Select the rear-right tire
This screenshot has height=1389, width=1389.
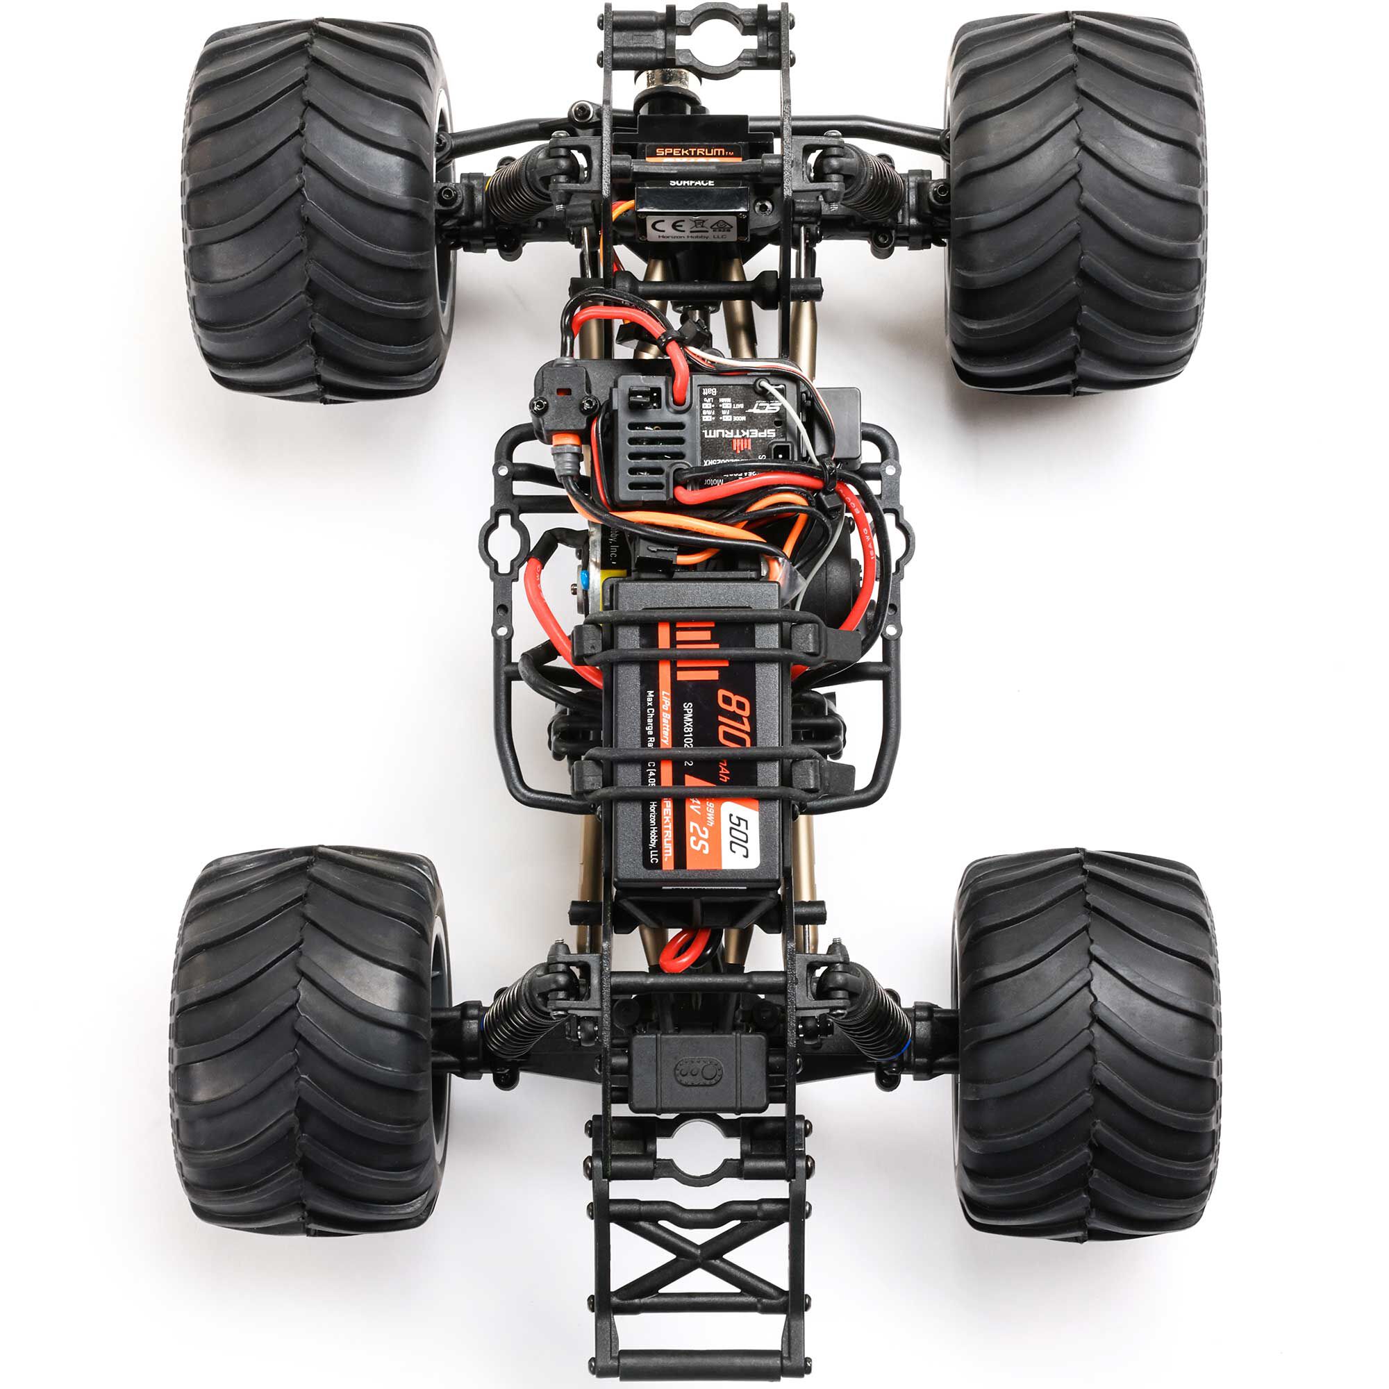click(1086, 1042)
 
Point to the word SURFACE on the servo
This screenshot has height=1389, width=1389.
click(692, 183)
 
